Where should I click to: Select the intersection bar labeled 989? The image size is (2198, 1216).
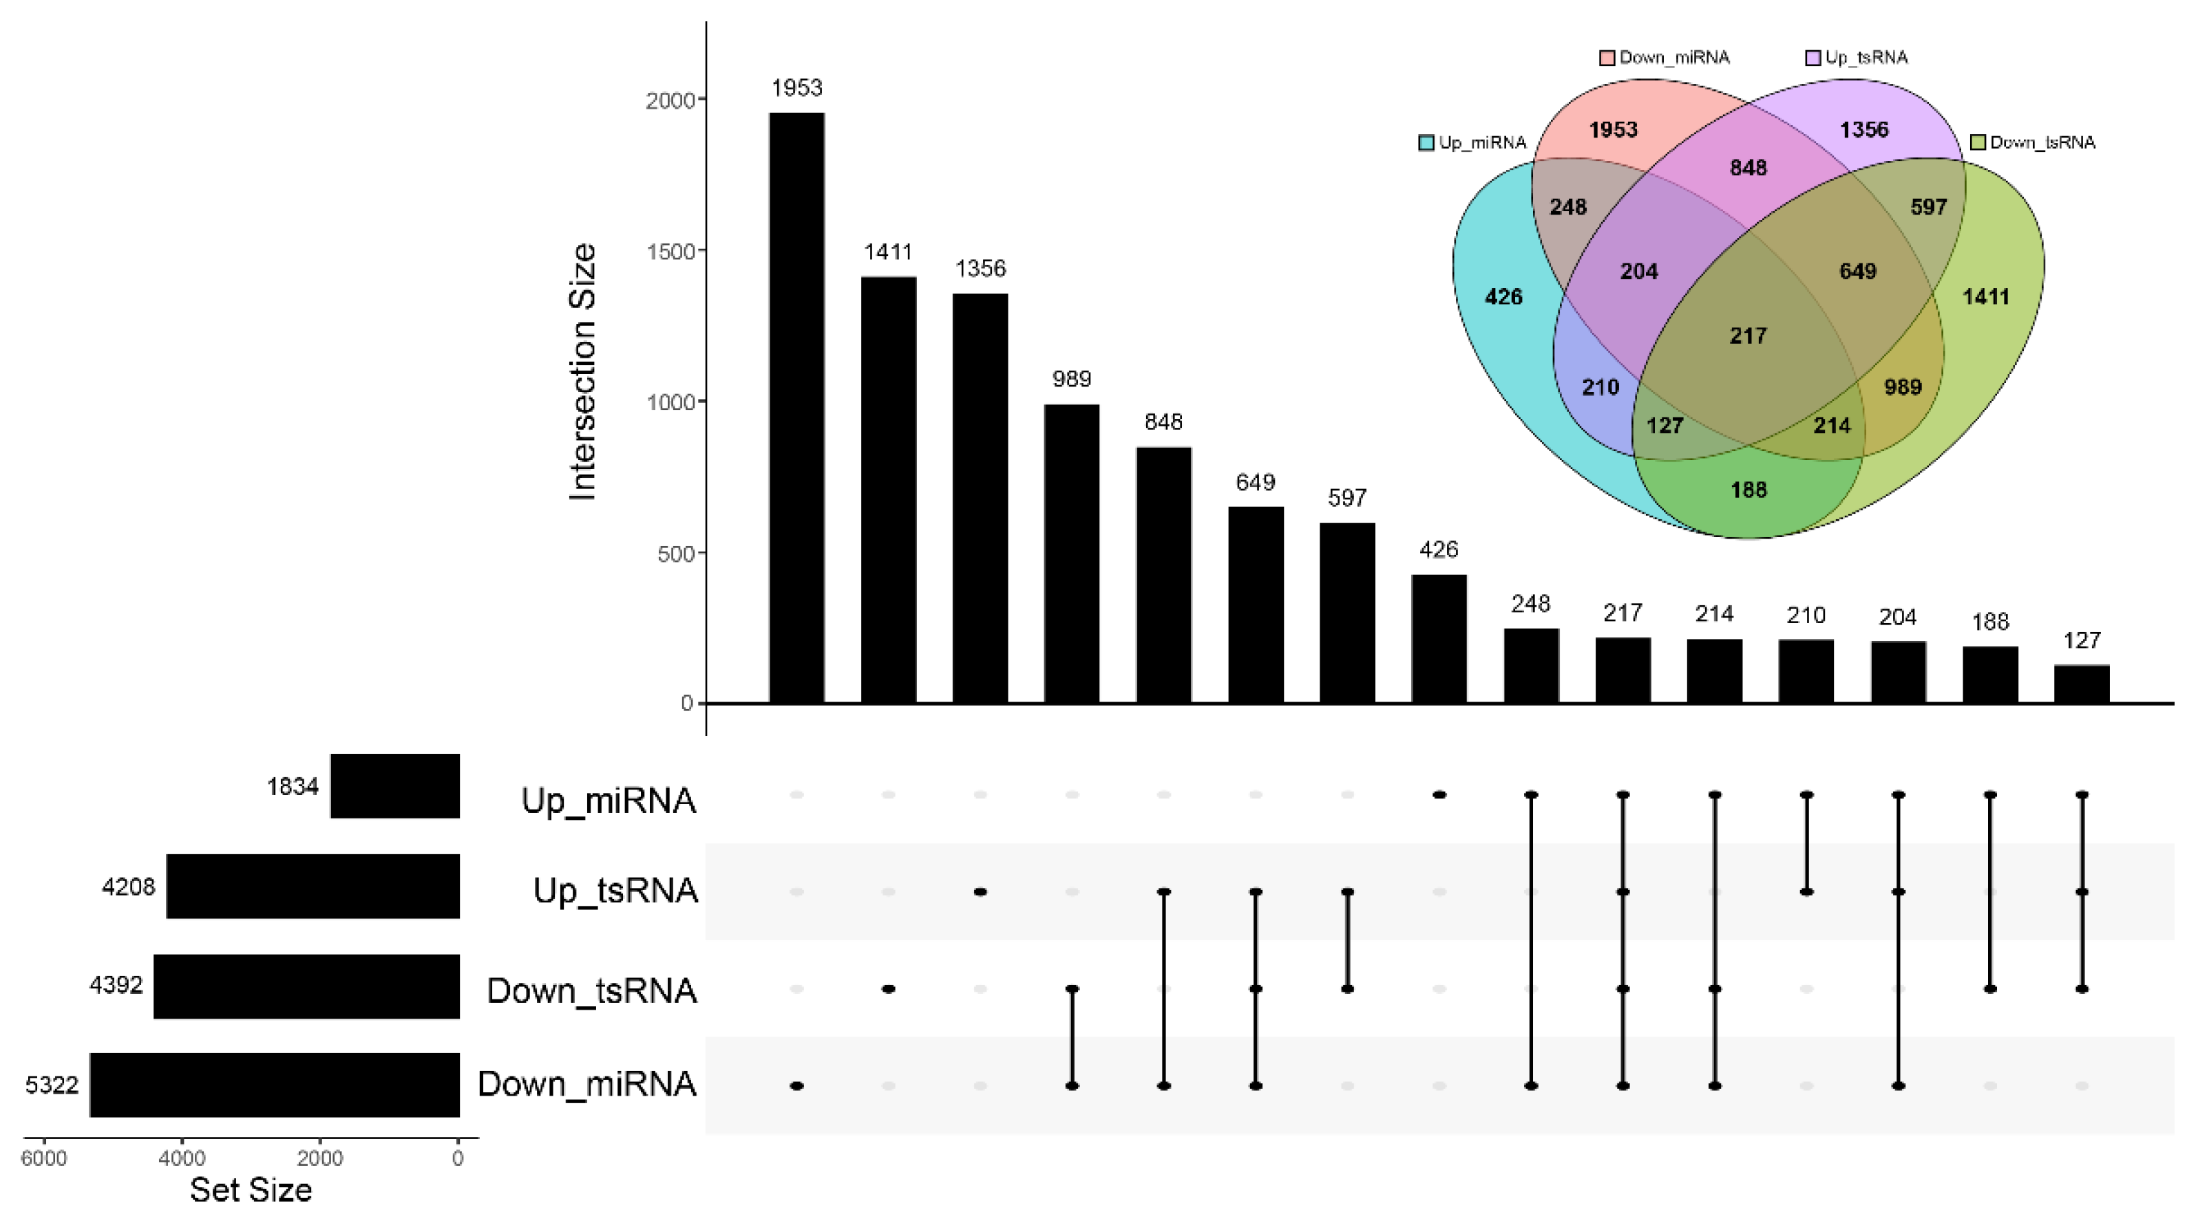point(1072,554)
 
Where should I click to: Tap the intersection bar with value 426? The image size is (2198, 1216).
point(1439,639)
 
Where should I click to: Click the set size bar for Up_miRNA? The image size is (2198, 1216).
point(395,785)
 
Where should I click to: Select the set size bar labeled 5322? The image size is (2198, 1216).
point(275,1085)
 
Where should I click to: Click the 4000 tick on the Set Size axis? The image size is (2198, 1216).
point(182,1158)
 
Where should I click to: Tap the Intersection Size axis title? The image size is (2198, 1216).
point(583,372)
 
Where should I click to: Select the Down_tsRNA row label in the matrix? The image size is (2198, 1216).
point(591,991)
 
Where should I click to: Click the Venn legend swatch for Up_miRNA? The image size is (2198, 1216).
point(1426,142)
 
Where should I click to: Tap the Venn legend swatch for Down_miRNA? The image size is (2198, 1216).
point(1607,58)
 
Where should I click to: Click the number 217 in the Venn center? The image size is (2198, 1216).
point(1748,336)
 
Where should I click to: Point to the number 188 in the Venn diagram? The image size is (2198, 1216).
point(1748,490)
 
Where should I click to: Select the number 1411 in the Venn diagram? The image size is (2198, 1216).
point(1985,296)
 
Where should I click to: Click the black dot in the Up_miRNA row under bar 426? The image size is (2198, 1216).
point(1439,795)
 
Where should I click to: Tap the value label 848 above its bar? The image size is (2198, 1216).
point(1163,422)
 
